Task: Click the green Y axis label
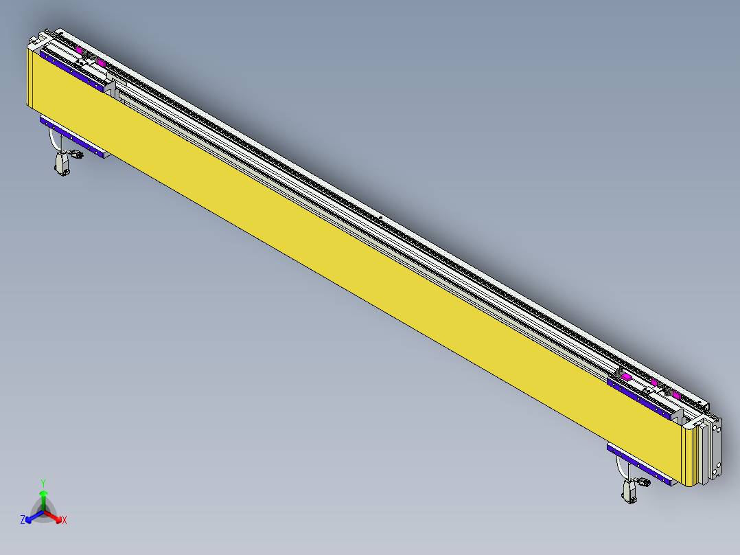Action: [43, 483]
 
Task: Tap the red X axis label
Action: [65, 521]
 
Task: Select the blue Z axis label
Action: [23, 521]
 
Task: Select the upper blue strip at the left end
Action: [71, 69]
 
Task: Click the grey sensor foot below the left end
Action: [62, 165]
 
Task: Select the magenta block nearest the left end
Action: [80, 51]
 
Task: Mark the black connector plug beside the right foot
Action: [643, 483]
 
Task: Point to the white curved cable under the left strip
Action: [52, 140]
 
